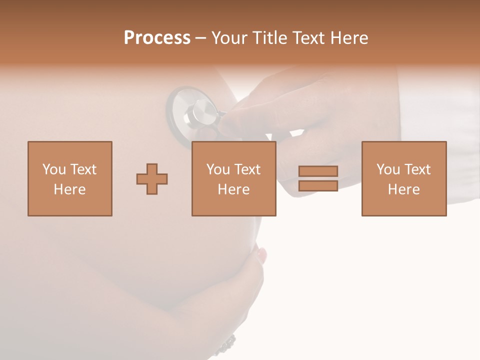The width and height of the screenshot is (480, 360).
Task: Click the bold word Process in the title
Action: pos(157,38)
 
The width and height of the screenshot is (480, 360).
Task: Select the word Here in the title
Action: pos(348,38)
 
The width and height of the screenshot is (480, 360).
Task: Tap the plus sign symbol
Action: pos(152,179)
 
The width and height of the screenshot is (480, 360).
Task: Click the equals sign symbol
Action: pos(318,178)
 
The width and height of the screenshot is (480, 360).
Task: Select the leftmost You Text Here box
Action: pos(70,178)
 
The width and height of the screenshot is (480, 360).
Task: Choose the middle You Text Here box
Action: pos(233,178)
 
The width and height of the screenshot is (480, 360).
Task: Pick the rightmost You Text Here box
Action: pos(403,178)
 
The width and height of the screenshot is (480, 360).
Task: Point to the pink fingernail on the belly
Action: pos(261,255)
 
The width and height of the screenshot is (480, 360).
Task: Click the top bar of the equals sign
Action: pos(318,171)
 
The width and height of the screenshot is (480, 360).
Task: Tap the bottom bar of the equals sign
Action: pos(318,185)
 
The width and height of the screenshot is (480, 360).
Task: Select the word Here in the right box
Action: pos(403,189)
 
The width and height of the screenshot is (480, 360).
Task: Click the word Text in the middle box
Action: pos(247,169)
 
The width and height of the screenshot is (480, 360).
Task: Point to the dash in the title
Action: pos(201,38)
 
